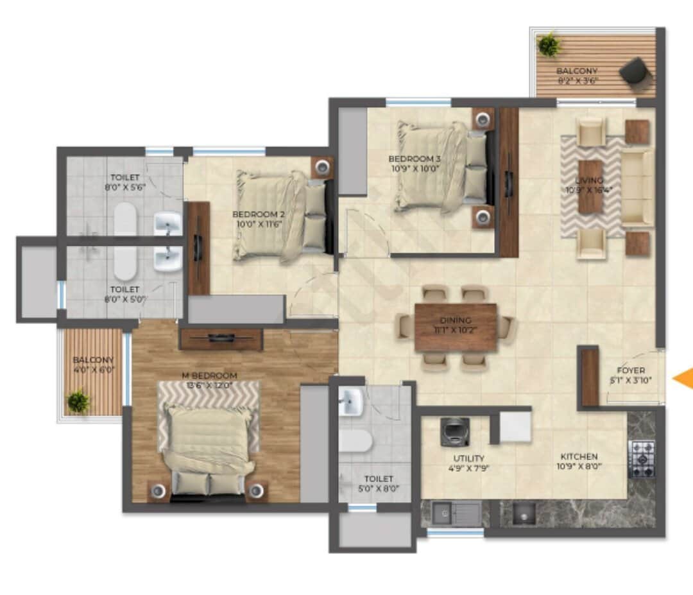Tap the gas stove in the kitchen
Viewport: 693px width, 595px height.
coord(642,458)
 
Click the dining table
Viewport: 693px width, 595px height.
coord(456,327)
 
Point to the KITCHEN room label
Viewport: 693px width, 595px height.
coord(577,456)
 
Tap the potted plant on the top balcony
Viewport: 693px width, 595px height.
coord(549,46)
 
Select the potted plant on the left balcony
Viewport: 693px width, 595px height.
coord(79,402)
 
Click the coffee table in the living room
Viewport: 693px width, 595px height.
coord(590,187)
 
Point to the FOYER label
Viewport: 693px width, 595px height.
coord(631,370)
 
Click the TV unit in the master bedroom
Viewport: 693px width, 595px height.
coord(221,338)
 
